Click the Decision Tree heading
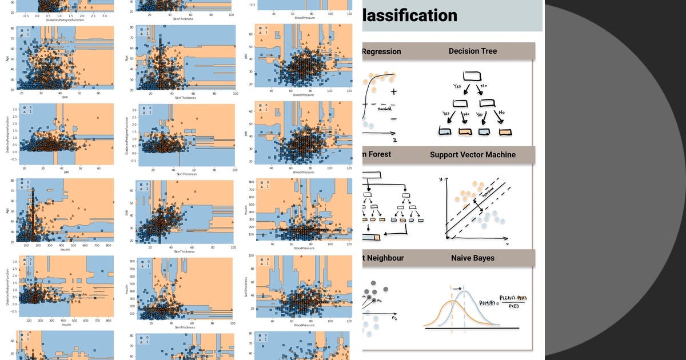click(x=472, y=51)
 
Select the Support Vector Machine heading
click(x=472, y=155)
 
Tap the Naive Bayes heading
click(x=472, y=258)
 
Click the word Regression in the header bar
click(x=382, y=51)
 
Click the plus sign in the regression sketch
click(x=394, y=92)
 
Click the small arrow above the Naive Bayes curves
click(x=458, y=289)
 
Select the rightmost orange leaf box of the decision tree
click(x=505, y=132)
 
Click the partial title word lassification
click(x=409, y=15)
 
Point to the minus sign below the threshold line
click(x=394, y=118)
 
